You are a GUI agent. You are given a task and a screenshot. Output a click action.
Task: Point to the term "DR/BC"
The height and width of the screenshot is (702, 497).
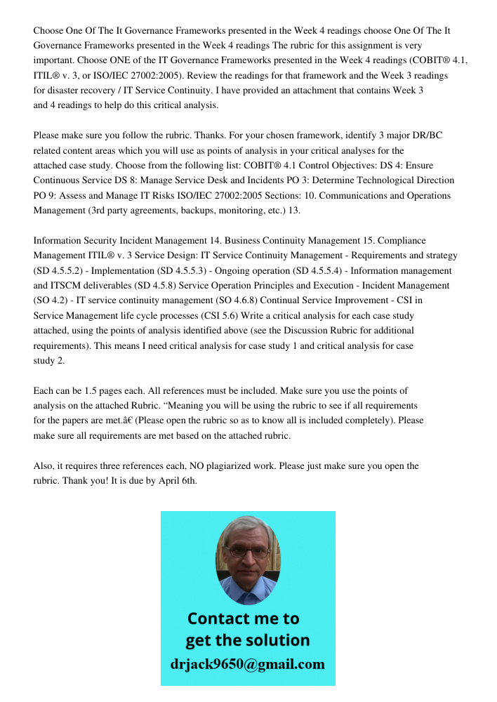coord(428,135)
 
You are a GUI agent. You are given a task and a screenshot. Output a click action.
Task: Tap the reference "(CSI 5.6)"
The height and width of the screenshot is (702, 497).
coord(250,316)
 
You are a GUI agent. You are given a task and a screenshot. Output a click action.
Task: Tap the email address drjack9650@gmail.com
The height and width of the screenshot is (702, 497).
coord(248,664)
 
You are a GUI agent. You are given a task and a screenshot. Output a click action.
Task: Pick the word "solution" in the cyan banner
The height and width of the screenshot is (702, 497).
coord(277,640)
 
